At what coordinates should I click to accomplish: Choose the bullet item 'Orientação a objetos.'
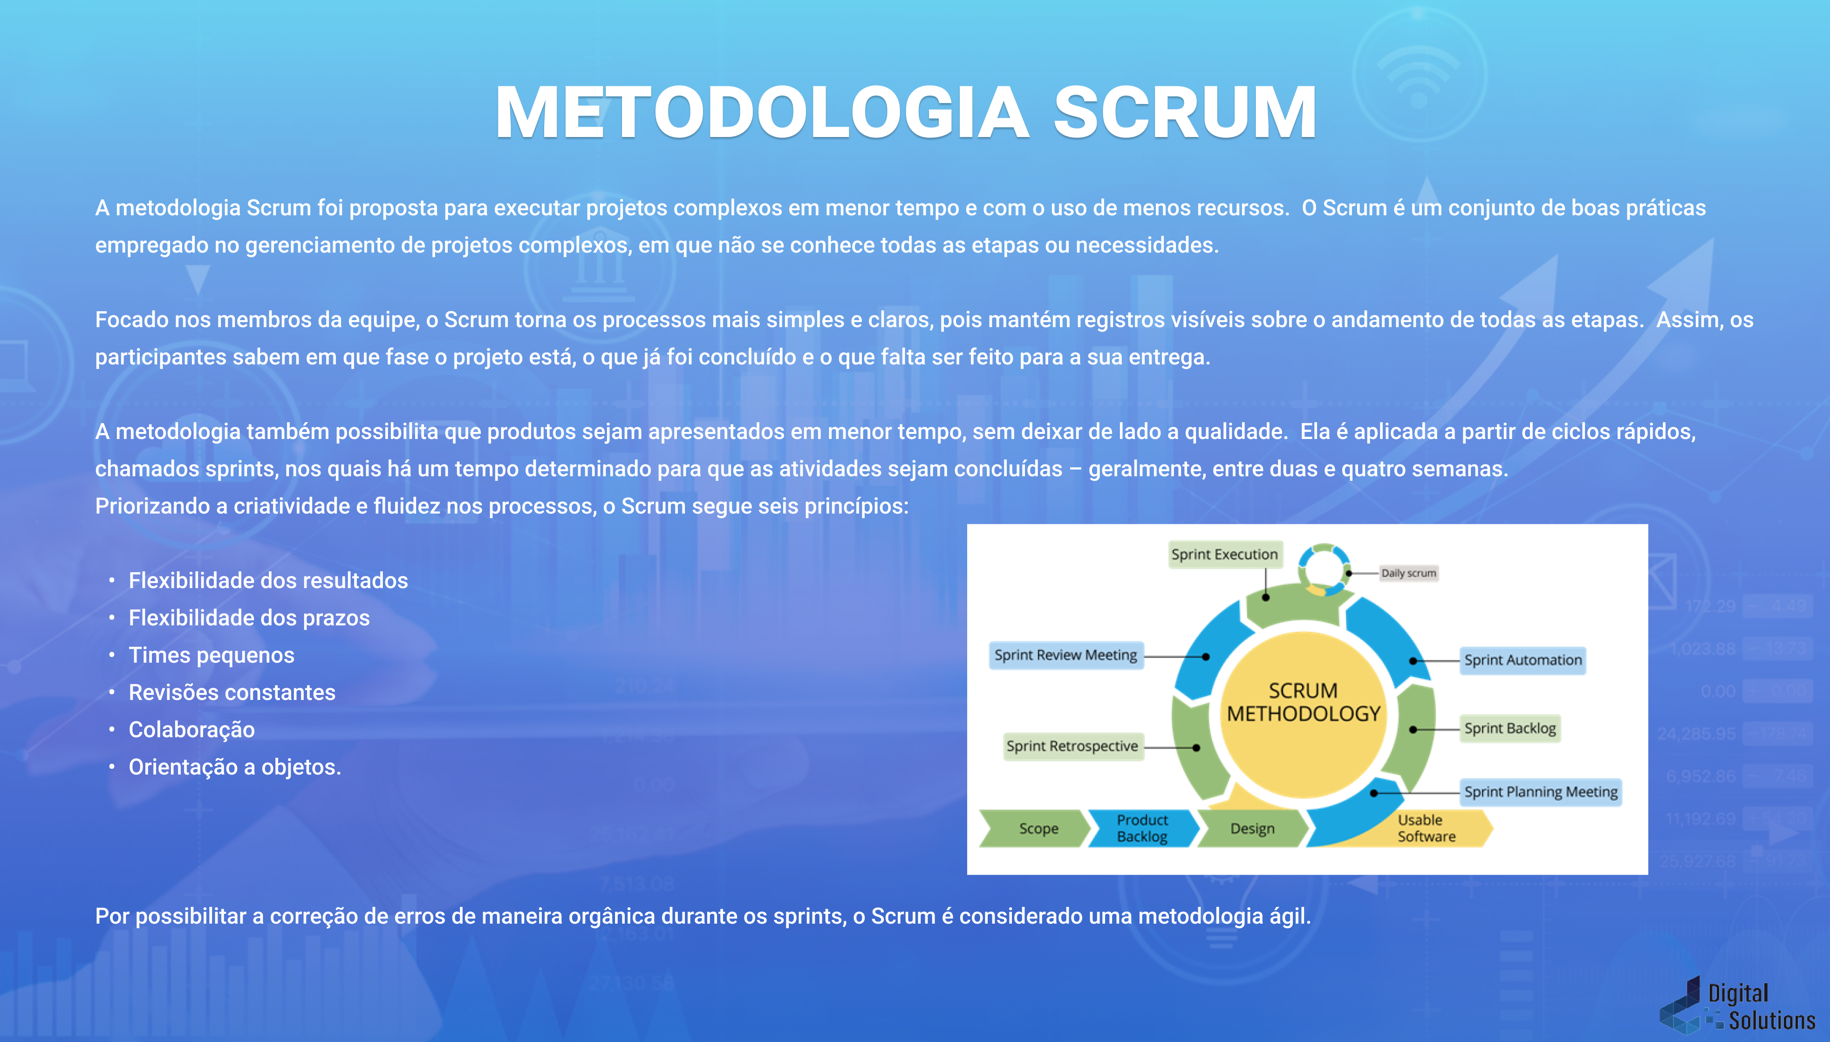(235, 767)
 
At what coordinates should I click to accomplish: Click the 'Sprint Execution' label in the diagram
(1224, 555)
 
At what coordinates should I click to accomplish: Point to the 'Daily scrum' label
(1408, 573)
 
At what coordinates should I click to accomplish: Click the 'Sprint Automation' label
(1523, 660)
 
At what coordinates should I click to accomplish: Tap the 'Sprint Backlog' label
(1509, 728)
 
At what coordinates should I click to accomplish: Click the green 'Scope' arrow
(1038, 829)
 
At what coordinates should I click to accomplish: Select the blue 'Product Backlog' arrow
(1142, 829)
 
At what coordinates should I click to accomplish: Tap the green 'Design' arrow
(1252, 829)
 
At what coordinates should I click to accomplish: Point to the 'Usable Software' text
(1426, 829)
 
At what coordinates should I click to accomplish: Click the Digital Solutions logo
(1738, 1006)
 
